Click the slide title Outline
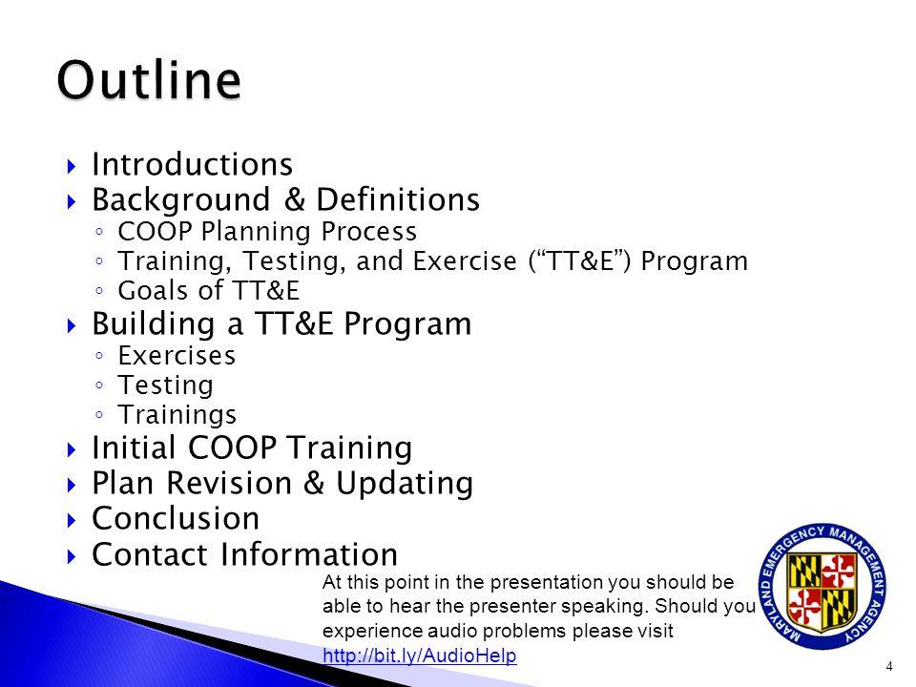(x=149, y=80)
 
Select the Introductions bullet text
(x=192, y=164)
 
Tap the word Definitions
(x=398, y=199)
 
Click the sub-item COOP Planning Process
(x=267, y=231)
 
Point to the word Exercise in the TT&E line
(x=465, y=260)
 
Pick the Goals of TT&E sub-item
(x=209, y=290)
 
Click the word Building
(x=154, y=324)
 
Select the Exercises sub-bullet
(x=177, y=355)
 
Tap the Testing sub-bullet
(x=165, y=385)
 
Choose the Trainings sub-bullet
(x=177, y=415)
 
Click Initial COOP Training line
(x=252, y=448)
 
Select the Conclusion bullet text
(x=176, y=518)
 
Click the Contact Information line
(x=245, y=553)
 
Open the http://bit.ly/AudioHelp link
(x=420, y=656)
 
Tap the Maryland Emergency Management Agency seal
(x=822, y=586)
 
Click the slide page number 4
(x=889, y=666)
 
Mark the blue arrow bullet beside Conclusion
(x=72, y=520)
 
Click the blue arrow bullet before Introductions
(x=72, y=166)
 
